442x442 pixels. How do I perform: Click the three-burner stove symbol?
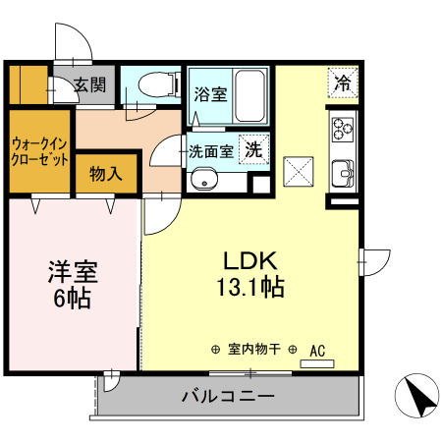tap(342, 128)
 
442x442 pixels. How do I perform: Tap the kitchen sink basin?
tap(344, 171)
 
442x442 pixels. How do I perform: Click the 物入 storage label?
tap(105, 175)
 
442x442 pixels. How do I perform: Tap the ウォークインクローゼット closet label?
tap(40, 150)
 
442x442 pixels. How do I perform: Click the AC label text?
tap(317, 349)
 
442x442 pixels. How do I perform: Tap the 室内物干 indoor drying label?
tap(254, 349)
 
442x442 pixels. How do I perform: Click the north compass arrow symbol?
tap(417, 398)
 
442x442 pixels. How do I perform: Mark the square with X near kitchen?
tap(298, 171)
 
